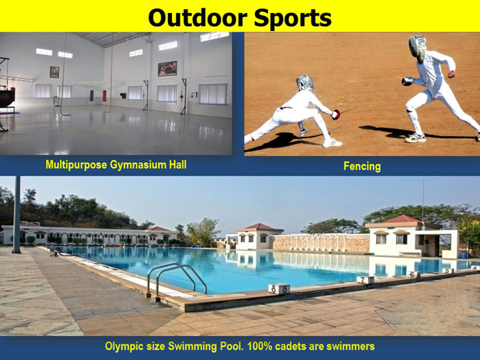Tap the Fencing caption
click(362, 167)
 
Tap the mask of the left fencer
click(305, 83)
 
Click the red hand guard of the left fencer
click(335, 115)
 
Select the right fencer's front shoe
click(414, 138)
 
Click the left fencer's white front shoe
click(332, 143)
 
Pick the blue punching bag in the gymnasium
click(91, 96)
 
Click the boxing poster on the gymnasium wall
click(167, 68)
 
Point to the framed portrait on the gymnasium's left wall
click(53, 71)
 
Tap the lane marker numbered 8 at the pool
click(279, 289)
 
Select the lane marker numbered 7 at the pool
click(366, 280)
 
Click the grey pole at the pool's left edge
click(16, 214)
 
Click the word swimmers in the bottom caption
click(350, 346)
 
